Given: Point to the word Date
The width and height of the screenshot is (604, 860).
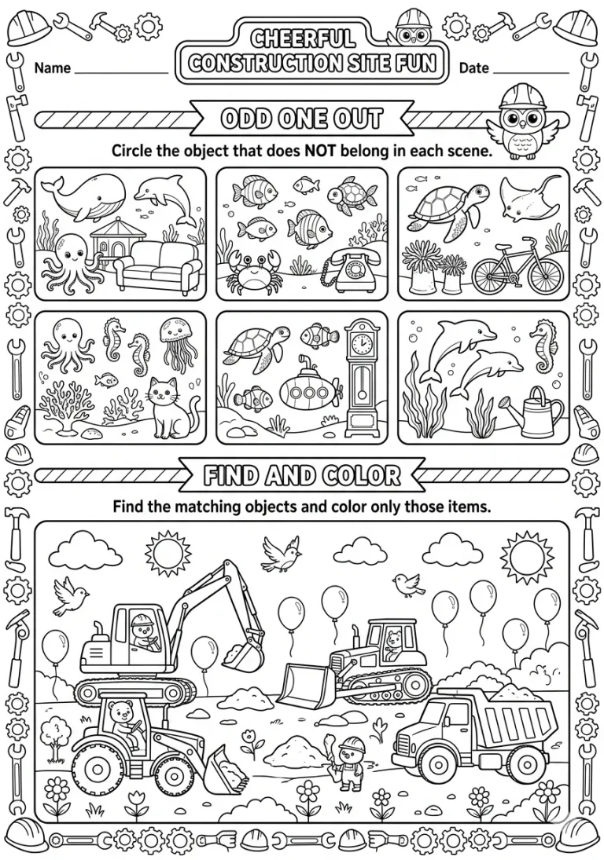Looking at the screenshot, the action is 474,68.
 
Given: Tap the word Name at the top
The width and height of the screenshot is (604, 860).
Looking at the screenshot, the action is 53,68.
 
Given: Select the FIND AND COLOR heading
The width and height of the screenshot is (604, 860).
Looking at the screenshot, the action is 301,475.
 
